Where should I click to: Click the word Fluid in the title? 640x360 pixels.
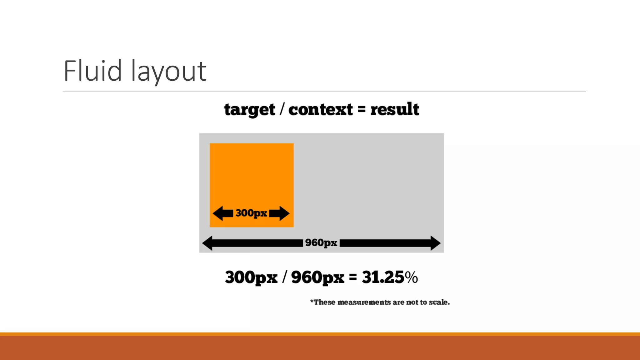click(x=92, y=71)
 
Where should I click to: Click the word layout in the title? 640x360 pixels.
click(x=169, y=72)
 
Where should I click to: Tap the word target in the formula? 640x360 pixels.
click(x=250, y=110)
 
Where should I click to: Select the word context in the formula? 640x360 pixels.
click(x=320, y=110)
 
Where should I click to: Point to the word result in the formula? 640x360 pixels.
click(x=395, y=109)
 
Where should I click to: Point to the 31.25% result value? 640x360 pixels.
click(x=390, y=277)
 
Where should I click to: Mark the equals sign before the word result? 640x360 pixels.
click(x=362, y=110)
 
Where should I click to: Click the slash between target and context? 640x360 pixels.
click(x=282, y=110)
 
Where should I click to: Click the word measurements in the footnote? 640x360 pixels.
click(x=364, y=302)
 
